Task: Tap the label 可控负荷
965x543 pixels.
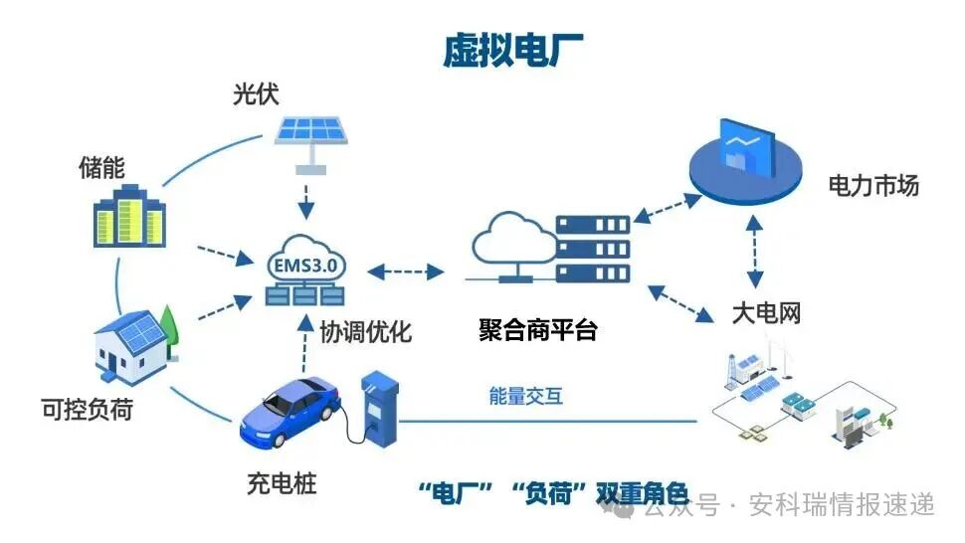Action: [86, 409]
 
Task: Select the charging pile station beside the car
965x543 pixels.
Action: [378, 408]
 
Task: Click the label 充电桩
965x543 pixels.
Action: [282, 486]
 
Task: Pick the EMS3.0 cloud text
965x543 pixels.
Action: [304, 266]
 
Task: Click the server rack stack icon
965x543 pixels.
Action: [592, 250]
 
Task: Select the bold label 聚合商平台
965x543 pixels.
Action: [538, 330]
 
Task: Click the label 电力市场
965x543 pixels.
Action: [873, 186]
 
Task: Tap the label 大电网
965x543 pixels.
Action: [766, 314]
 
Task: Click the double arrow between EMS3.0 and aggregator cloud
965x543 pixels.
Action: [405, 271]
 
